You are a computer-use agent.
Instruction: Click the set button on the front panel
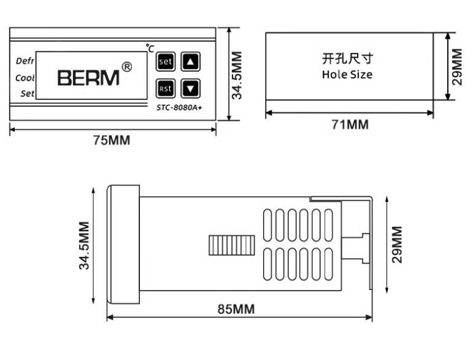coord(166,62)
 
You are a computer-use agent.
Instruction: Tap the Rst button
coord(166,89)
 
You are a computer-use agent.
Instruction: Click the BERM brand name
coord(88,78)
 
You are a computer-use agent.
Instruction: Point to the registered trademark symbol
coord(126,66)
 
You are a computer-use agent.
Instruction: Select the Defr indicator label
coord(25,62)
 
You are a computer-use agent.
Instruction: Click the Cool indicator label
coord(25,79)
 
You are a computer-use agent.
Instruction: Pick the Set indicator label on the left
coord(27,94)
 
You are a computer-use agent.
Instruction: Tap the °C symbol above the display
coord(150,47)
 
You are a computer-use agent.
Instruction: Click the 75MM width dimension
coord(111,140)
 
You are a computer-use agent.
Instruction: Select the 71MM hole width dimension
coord(350,125)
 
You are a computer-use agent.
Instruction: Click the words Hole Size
coord(347,75)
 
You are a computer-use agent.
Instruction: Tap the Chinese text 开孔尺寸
coord(348,59)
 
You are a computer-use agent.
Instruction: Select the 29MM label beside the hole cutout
coord(456,67)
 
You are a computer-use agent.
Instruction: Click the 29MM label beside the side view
coord(398,245)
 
